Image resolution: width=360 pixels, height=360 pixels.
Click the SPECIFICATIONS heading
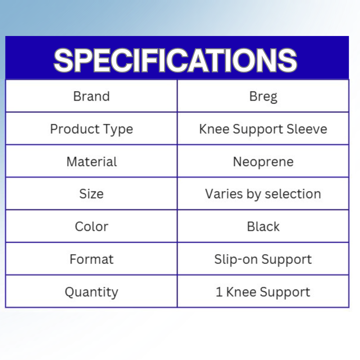[x=175, y=60]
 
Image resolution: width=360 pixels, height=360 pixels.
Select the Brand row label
[x=91, y=96]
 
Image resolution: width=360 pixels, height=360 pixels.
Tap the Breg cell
[x=263, y=97]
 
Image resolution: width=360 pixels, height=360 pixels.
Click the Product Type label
[x=91, y=129]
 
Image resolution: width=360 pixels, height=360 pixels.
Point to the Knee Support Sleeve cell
[x=263, y=129]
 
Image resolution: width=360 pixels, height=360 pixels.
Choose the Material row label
[x=91, y=162]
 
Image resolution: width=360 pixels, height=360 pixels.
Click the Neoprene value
[x=263, y=162]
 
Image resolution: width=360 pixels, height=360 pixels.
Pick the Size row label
[x=91, y=194]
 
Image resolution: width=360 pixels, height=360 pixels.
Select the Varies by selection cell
[x=263, y=194]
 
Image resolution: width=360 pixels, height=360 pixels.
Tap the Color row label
[x=91, y=226]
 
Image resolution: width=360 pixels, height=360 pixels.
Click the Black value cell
[x=263, y=226]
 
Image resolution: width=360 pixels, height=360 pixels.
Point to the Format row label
[x=91, y=259]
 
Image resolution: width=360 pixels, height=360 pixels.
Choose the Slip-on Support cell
[x=263, y=259]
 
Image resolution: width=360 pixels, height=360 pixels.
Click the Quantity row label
[x=91, y=292]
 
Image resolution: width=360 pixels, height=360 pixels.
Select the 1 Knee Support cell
[x=263, y=292]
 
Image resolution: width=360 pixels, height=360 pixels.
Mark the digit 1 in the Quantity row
[x=219, y=292]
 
